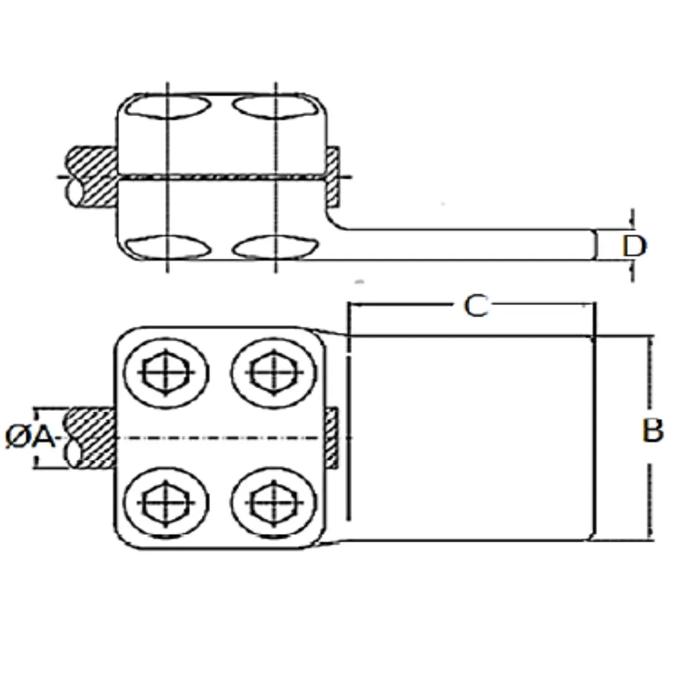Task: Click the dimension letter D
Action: [x=634, y=246]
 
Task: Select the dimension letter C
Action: [x=476, y=305]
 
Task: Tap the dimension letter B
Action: [x=653, y=430]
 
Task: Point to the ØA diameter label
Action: [x=30, y=436]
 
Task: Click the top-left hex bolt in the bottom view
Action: [x=166, y=373]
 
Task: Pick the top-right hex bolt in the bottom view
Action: [x=274, y=373]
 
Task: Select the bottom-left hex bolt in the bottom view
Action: [x=166, y=502]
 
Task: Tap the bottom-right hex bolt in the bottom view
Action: [x=274, y=502]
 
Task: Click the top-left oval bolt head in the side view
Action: [x=168, y=107]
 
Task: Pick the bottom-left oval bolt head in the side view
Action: [x=168, y=247]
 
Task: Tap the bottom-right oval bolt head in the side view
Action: [x=275, y=247]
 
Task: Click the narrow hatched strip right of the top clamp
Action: [x=332, y=177]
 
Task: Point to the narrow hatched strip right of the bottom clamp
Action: [x=332, y=438]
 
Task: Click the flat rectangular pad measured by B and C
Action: [x=472, y=438]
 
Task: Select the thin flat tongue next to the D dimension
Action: [x=472, y=245]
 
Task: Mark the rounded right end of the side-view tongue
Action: [x=594, y=245]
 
